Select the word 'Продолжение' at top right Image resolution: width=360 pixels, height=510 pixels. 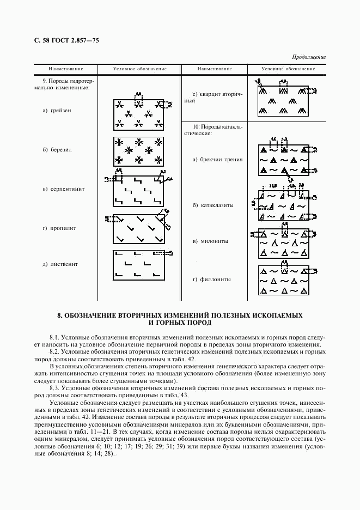[x=309, y=57]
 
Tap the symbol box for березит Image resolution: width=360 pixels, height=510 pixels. [x=138, y=151]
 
